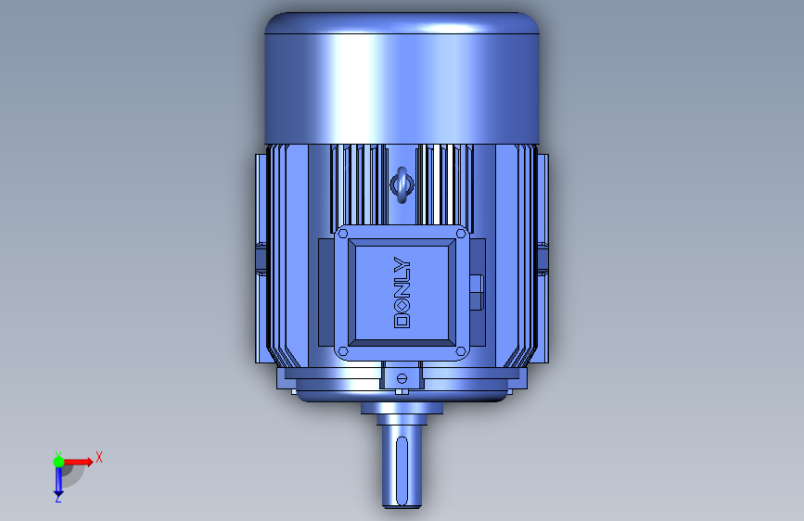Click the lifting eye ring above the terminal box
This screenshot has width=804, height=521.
click(x=402, y=184)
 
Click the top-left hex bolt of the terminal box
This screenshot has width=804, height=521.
click(x=343, y=234)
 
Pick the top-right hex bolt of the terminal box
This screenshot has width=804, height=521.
click(x=461, y=234)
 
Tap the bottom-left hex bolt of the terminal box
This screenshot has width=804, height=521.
click(x=343, y=351)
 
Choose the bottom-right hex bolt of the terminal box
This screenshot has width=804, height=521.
click(x=461, y=351)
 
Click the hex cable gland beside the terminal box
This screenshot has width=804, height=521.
click(x=477, y=292)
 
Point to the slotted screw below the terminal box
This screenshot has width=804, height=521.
click(x=402, y=379)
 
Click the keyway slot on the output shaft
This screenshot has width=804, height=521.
click(x=402, y=470)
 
